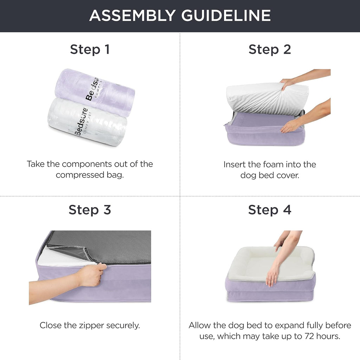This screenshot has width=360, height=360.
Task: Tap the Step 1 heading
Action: click(x=90, y=49)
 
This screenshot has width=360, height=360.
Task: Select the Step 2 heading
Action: click(x=270, y=49)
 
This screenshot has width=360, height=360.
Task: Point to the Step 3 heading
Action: click(x=90, y=210)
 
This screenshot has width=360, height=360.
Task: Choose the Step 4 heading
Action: click(x=270, y=210)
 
